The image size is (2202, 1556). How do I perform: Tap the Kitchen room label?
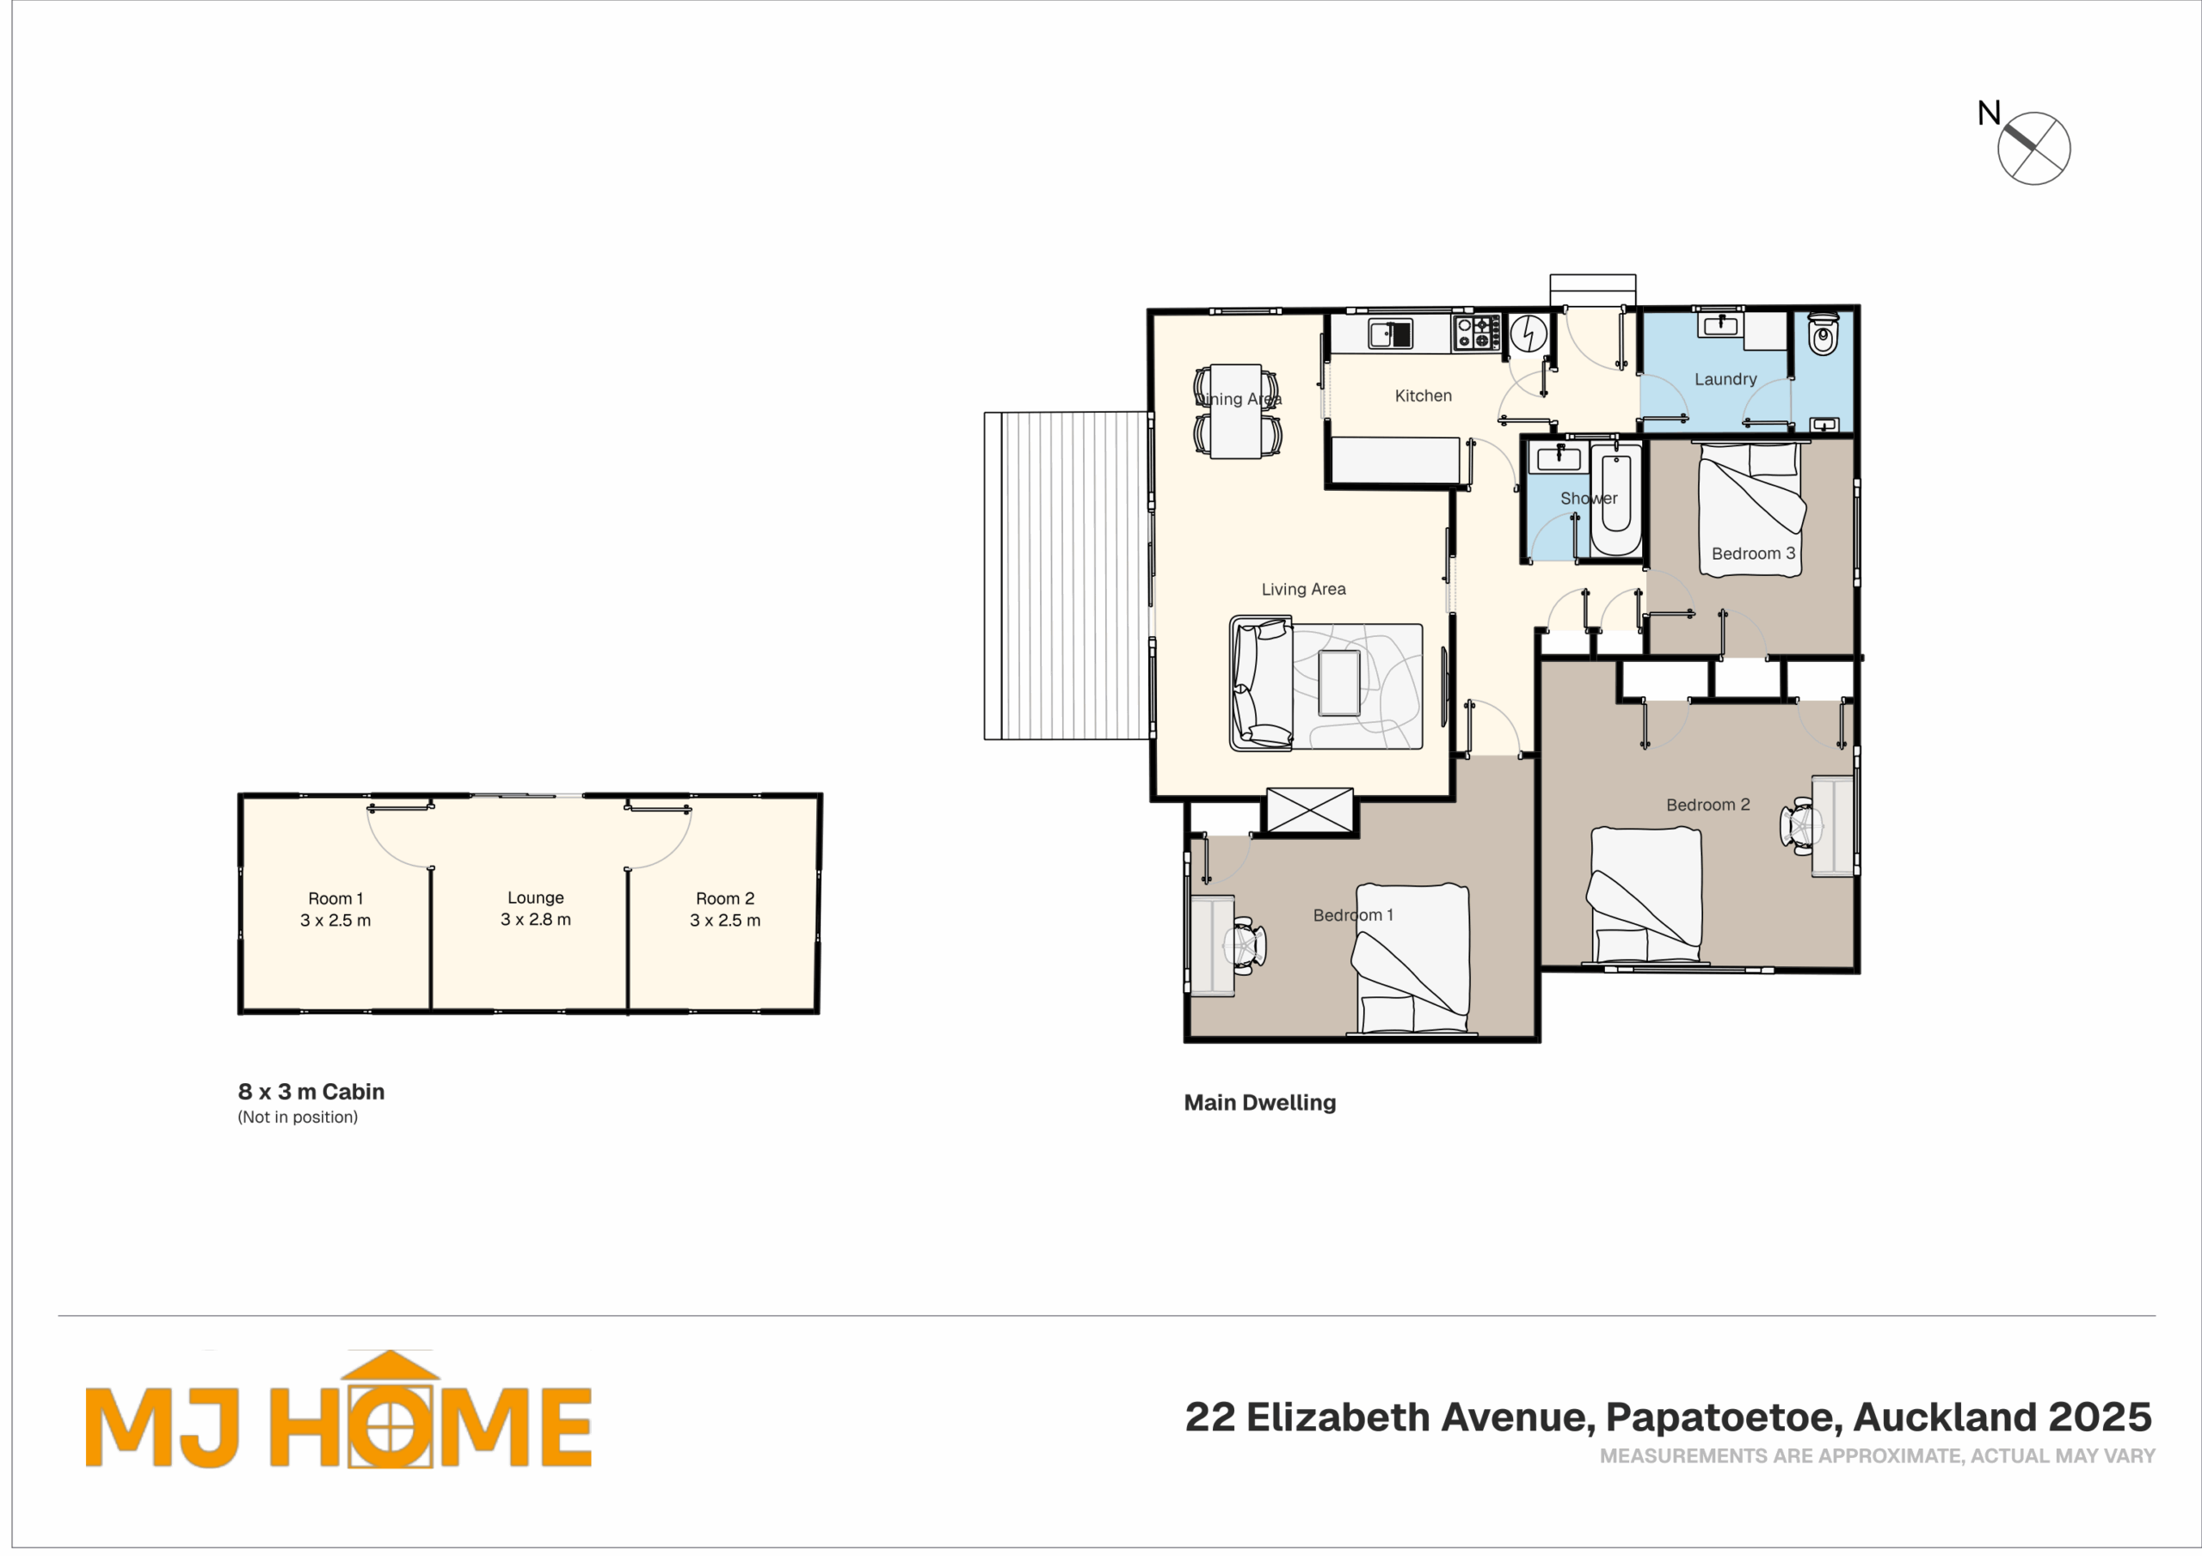1424,396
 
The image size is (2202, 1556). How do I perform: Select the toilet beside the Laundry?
1824,334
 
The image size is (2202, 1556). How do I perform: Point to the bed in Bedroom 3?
1751,509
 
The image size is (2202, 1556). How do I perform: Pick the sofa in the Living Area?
1261,683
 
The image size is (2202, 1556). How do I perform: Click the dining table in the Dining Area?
1235,411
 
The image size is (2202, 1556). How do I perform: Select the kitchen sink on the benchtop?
1391,334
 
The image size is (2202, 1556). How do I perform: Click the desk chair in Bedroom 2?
1801,825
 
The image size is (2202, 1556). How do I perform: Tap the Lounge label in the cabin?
536,898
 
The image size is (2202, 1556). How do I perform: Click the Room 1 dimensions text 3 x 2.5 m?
335,921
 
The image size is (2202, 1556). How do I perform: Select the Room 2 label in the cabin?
725,899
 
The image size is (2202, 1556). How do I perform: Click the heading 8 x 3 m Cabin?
311,1092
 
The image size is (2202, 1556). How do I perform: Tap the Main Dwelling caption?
1260,1103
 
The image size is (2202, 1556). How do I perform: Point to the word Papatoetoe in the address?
1724,1417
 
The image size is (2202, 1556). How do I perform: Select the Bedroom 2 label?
1708,806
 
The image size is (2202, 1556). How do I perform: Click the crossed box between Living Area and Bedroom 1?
1310,810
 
